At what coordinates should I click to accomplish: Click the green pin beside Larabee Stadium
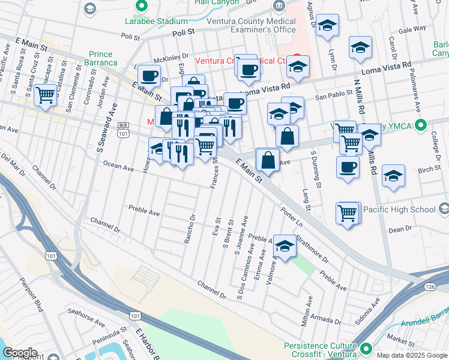point(141,7)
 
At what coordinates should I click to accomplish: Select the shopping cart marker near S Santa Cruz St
point(46,94)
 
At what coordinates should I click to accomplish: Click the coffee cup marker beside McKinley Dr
point(149,76)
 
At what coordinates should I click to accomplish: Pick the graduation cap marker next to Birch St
point(393,175)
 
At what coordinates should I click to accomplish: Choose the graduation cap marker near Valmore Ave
point(285,245)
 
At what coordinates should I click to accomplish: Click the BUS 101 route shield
point(123,130)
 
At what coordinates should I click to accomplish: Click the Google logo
point(20,352)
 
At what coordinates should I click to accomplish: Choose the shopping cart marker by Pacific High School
point(348,212)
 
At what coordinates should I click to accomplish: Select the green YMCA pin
point(421,126)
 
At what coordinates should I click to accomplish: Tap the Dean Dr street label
point(400,229)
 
